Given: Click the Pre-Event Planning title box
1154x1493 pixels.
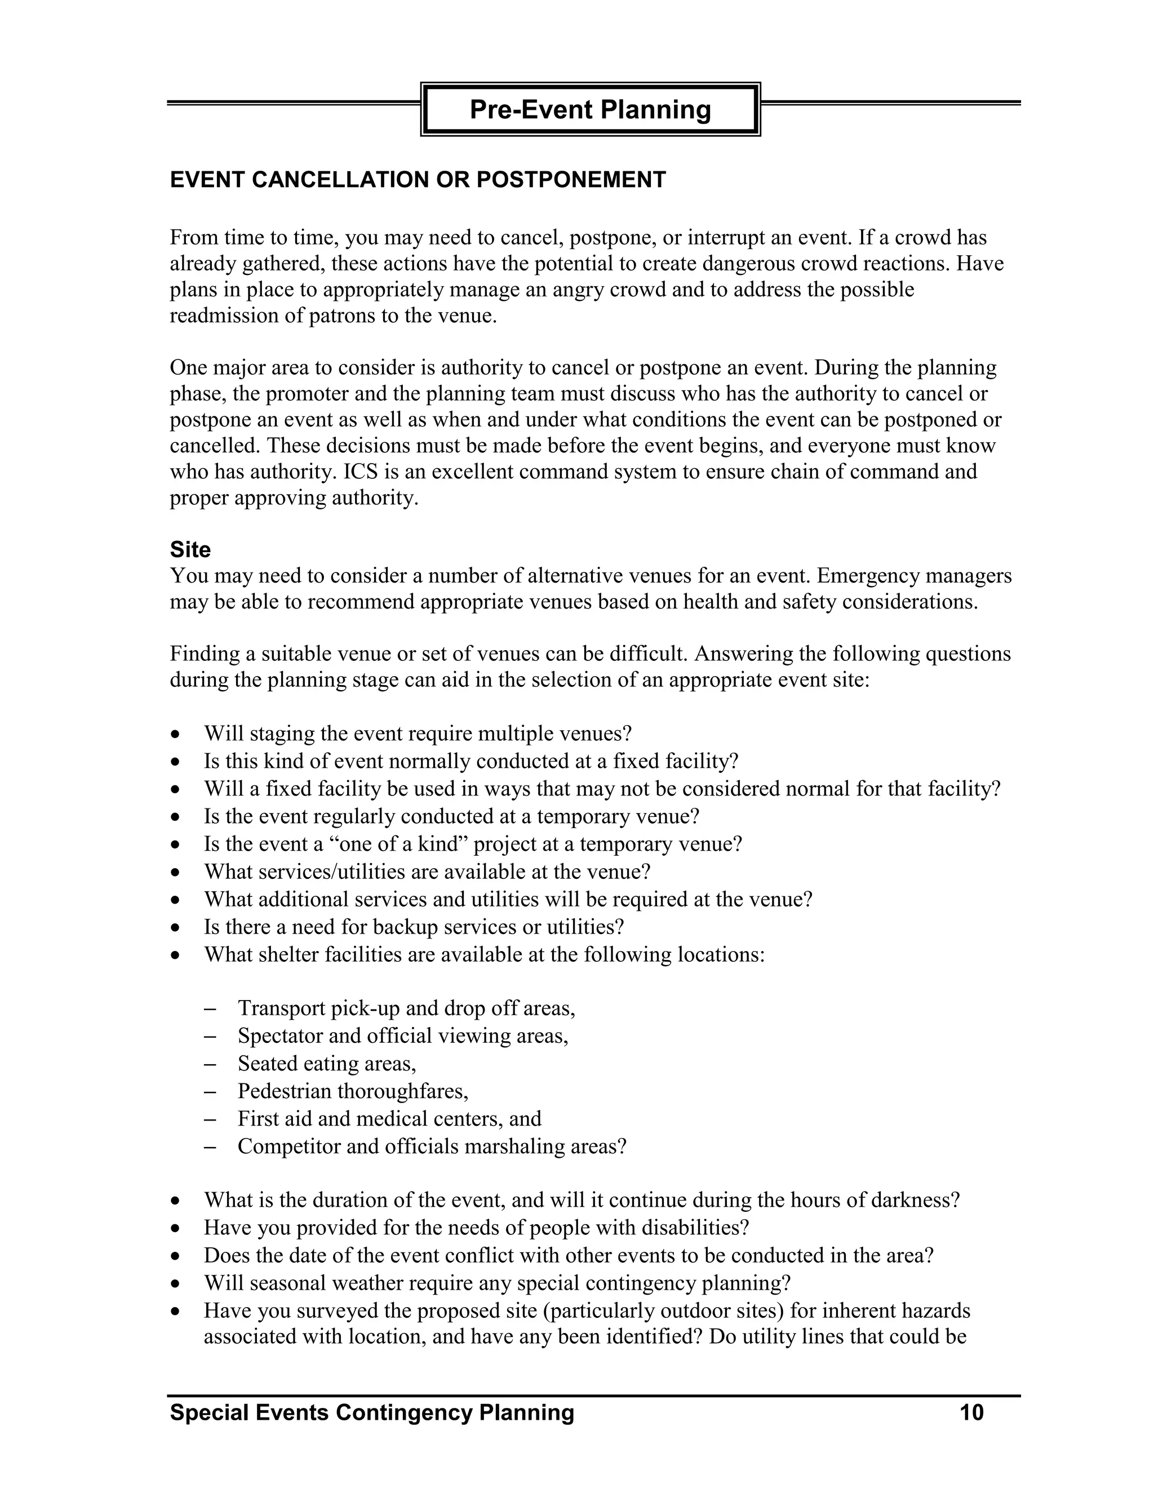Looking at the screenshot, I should click(590, 109).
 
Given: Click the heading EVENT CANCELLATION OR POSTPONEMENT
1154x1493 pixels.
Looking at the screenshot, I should click(418, 180).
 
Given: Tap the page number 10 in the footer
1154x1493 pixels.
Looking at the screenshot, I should click(971, 1412).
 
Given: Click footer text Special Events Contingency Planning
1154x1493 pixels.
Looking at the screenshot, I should click(372, 1412).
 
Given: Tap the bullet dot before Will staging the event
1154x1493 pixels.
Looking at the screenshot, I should click(176, 735).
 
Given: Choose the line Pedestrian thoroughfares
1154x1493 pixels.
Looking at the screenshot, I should click(353, 1091).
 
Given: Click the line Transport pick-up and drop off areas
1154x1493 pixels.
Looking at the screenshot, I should click(406, 1008).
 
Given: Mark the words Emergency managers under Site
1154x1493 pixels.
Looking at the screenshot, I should click(914, 576).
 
